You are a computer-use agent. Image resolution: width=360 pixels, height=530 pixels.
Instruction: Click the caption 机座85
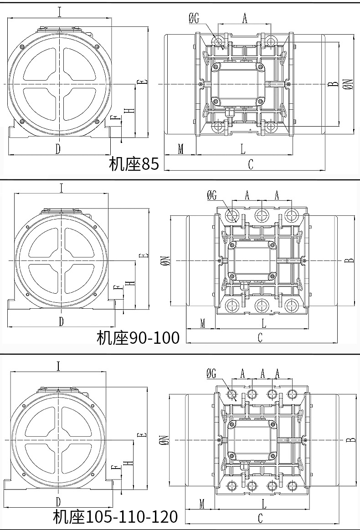134,163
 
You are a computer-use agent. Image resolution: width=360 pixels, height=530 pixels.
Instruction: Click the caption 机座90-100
138,337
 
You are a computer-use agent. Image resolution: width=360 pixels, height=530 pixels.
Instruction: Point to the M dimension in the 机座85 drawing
180,149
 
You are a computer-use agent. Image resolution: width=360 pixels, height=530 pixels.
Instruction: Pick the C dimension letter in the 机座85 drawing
250,165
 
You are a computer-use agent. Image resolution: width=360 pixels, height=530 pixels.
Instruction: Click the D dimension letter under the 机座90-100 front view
62,321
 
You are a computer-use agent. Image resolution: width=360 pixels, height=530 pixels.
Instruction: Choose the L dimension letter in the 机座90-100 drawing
264,323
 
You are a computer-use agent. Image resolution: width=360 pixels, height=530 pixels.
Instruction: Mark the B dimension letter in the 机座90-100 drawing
348,260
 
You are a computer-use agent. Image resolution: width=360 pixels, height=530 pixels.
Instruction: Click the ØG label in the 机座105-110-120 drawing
211,374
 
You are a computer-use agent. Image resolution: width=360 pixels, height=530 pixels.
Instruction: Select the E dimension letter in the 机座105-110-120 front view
144,435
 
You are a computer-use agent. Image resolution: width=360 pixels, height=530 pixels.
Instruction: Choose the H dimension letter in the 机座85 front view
131,111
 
